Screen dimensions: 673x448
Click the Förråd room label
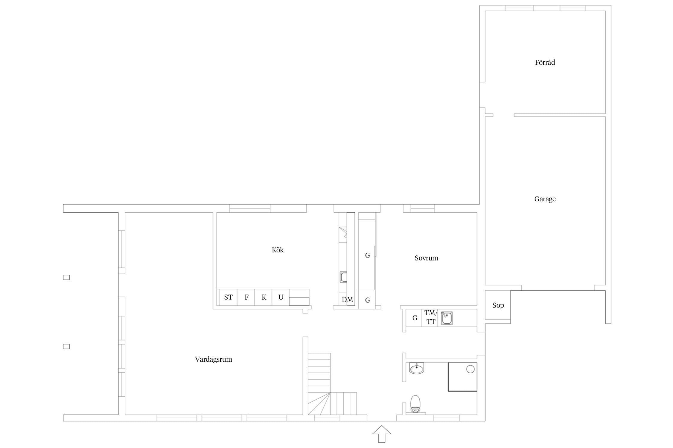[x=545, y=62]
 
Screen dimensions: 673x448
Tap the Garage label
[x=545, y=199]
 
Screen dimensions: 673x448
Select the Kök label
[x=278, y=250]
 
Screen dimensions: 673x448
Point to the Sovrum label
[x=426, y=258]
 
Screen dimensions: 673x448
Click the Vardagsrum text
[x=213, y=359]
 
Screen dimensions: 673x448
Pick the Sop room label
[x=498, y=305]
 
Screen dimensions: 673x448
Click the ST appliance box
[x=228, y=297]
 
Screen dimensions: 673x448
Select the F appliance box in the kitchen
[x=246, y=297]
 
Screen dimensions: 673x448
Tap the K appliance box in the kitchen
[x=263, y=297]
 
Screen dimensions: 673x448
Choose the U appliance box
[x=281, y=297]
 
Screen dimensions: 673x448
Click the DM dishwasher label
[x=347, y=300]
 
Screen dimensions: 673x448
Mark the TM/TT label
[x=431, y=317]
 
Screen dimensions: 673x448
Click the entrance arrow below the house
[x=382, y=434]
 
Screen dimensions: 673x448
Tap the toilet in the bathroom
[x=415, y=404]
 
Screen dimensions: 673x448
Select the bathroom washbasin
[x=416, y=369]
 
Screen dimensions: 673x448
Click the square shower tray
[x=462, y=377]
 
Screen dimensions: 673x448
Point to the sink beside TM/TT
[x=447, y=318]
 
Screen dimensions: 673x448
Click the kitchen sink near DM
[x=343, y=277]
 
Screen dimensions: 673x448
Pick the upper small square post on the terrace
[x=66, y=277]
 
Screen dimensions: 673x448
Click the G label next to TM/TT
[x=415, y=318]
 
